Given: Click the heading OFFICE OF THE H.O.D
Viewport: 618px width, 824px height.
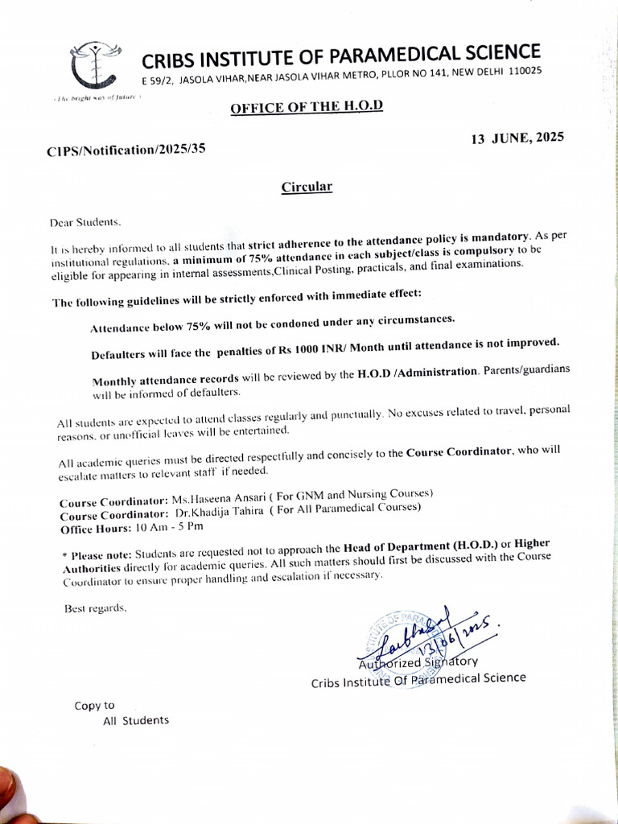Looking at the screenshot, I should tap(307, 107).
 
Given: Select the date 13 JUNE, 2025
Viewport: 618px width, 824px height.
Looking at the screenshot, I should tap(517, 138).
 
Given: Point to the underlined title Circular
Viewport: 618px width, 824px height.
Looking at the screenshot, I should tap(306, 187).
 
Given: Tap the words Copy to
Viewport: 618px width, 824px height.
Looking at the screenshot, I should tap(94, 706).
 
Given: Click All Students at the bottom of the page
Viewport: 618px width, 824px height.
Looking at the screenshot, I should tap(136, 720).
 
